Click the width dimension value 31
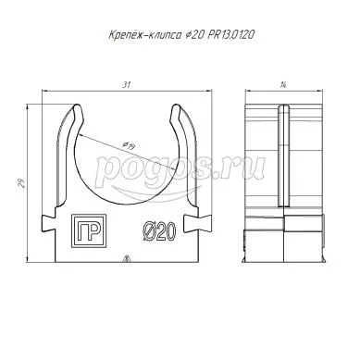[x=127, y=85]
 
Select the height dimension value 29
[x=22, y=183]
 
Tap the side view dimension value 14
[x=283, y=85]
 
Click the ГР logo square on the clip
[x=89, y=230]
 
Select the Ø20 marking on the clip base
[x=159, y=231]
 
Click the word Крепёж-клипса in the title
[x=145, y=35]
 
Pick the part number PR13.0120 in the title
[x=231, y=34]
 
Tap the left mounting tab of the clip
[x=48, y=223]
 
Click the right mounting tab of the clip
[x=205, y=223]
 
